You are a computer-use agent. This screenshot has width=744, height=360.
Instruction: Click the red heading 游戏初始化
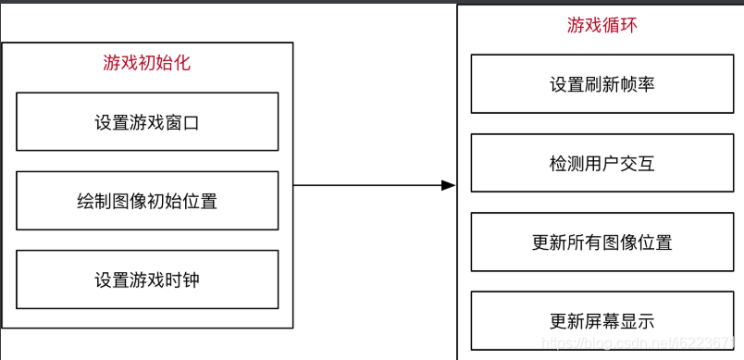tap(147, 63)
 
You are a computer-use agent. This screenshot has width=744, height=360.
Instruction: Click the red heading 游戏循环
tap(601, 25)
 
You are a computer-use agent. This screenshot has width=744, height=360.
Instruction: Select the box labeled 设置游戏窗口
tap(147, 121)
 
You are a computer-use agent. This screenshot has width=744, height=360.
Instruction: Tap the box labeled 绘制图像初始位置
tap(147, 200)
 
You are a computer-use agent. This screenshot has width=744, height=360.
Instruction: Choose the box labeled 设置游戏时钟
tap(147, 279)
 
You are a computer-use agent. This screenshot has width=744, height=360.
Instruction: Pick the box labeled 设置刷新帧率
tap(601, 84)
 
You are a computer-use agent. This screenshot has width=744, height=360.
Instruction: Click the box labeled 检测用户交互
tap(601, 164)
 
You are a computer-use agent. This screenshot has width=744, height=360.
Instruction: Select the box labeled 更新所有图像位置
tap(601, 242)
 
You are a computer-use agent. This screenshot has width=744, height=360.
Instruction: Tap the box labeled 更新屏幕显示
tap(601, 321)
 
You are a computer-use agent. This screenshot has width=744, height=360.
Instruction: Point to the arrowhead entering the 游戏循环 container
tap(449, 185)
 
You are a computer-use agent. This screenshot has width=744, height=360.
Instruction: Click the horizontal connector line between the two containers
tap(370, 185)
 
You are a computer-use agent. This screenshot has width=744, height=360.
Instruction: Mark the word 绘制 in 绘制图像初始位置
tap(94, 200)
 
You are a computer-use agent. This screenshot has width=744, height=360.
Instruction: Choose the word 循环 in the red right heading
tap(619, 25)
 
